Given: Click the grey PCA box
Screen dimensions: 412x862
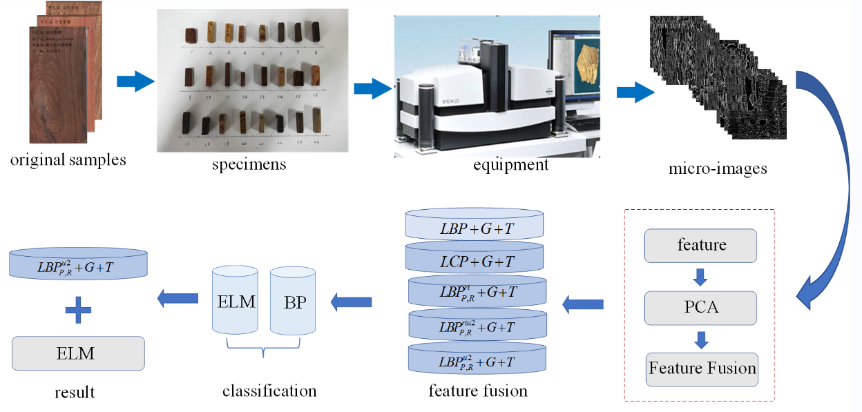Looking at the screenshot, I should (700, 308).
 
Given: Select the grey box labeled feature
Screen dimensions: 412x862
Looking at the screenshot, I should (700, 245).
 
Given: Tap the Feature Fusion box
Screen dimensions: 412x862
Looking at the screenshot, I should (702, 369).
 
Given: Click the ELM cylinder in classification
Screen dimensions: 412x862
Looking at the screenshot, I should (235, 302).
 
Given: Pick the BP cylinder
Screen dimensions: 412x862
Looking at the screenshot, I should (292, 302).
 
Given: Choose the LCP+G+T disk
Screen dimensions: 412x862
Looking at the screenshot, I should (476, 261).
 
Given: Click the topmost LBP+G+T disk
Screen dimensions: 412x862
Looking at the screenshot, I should (476, 228).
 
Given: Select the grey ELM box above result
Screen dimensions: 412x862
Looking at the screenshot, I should (78, 353).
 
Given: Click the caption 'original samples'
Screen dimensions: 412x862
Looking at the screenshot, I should (68, 160).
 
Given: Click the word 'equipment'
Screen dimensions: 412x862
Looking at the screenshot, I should (510, 165).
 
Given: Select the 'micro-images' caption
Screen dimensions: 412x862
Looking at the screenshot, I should (718, 168).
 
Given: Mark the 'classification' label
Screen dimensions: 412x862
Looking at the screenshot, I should (269, 391).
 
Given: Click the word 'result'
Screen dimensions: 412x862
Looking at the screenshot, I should (75, 393).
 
